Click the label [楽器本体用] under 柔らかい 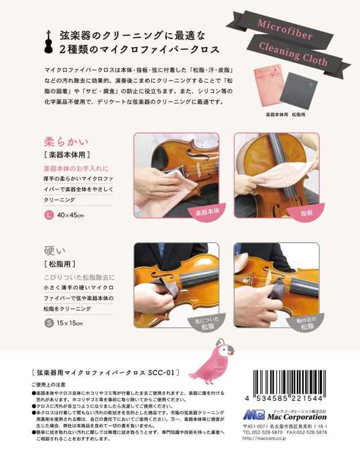[67, 155]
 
